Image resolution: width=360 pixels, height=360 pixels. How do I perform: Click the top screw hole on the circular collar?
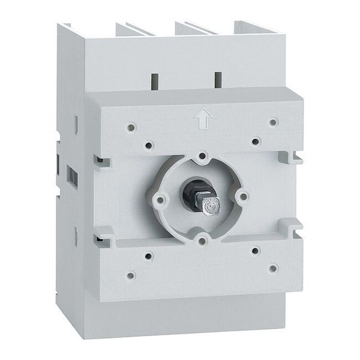[x=202, y=157]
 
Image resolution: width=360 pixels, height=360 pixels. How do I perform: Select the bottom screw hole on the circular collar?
[x=201, y=240]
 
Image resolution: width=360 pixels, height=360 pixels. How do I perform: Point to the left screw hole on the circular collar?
[x=160, y=199]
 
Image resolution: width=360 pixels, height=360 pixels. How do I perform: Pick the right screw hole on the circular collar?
[x=242, y=196]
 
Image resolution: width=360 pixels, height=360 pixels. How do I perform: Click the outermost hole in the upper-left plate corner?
[x=130, y=128]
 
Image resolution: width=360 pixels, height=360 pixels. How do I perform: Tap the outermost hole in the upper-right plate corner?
[x=273, y=122]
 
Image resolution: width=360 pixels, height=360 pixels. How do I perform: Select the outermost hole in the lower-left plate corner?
[x=130, y=275]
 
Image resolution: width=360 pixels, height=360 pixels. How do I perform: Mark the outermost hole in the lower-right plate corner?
[x=273, y=268]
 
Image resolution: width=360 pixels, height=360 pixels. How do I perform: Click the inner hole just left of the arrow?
[x=148, y=145]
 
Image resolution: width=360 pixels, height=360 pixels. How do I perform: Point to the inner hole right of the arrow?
[x=256, y=142]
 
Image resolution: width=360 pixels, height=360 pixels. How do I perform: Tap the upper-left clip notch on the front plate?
[x=101, y=162]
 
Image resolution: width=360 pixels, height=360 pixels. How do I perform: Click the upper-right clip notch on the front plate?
[x=293, y=157]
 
